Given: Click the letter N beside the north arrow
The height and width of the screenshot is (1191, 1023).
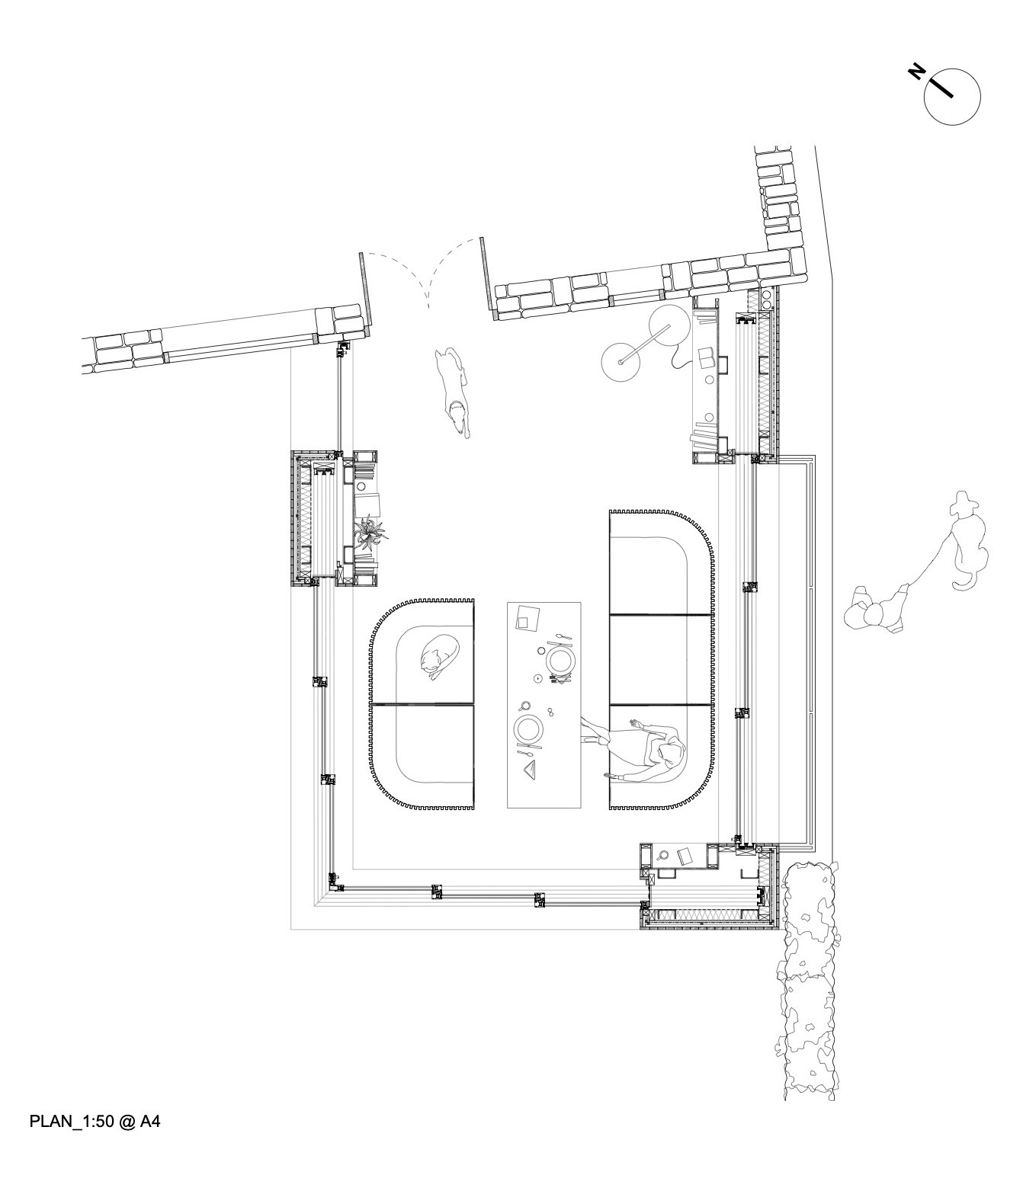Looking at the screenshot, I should [917, 72].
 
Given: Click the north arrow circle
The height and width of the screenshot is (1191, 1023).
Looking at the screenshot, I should [951, 96].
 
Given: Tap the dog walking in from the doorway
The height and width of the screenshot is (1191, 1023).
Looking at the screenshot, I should [454, 390].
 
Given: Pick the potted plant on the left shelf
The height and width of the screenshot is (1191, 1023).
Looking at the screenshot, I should [370, 531].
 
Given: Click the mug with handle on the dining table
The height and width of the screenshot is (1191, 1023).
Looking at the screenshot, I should [525, 706].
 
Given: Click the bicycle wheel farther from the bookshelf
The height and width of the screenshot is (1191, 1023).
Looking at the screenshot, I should [621, 361].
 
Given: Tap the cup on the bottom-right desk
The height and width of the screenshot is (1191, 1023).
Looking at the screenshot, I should [663, 856].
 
